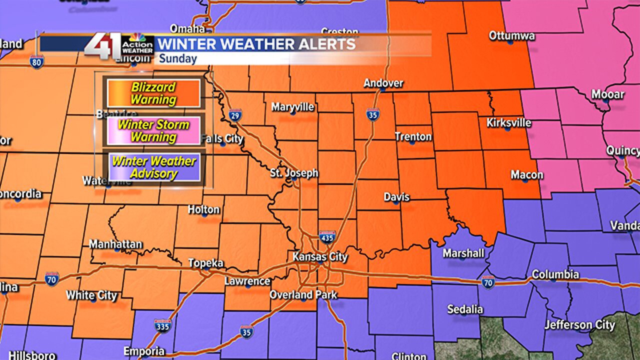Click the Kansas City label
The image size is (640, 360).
click(320, 257)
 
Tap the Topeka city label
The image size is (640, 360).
click(205, 263)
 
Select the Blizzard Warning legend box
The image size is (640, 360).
click(153, 93)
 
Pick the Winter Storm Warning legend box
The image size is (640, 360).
click(153, 130)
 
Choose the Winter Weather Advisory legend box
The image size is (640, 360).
click(153, 167)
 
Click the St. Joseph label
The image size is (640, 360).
click(294, 173)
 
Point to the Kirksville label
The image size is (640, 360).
click(509, 122)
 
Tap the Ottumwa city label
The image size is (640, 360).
click(512, 35)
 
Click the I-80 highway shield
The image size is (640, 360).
click(36, 62)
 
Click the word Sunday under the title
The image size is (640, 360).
click(178, 58)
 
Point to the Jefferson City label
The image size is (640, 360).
click(579, 325)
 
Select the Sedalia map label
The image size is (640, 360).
click(465, 309)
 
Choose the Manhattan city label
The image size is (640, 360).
click(115, 244)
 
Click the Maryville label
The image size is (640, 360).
click(292, 107)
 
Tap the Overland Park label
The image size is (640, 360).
click(303, 295)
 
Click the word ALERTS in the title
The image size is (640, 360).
click(321, 44)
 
